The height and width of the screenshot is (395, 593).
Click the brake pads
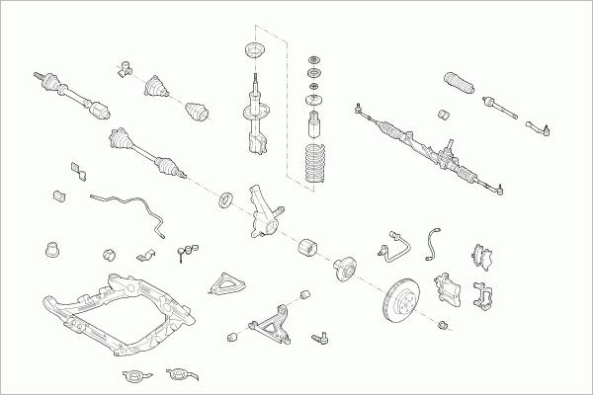coord(484,255)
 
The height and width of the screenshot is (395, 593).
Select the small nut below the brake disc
coord(442,323)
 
